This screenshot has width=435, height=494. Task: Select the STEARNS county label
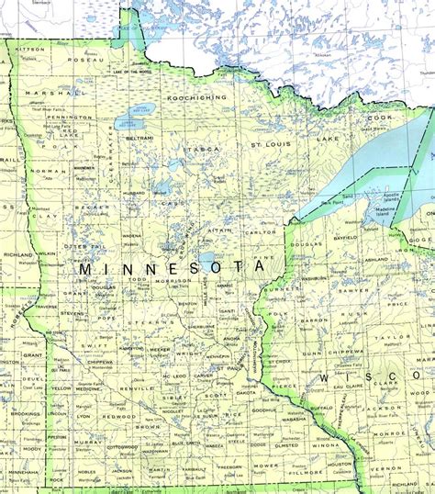144,322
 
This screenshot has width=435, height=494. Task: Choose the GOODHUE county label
264,411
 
